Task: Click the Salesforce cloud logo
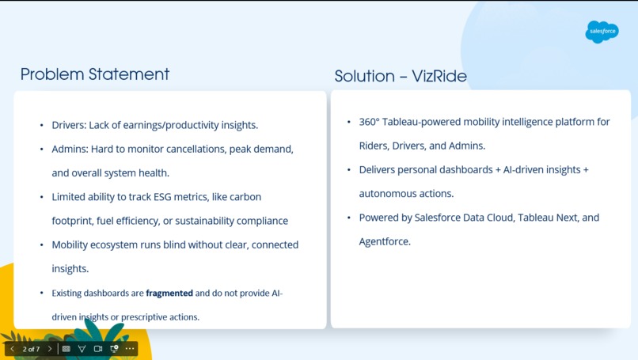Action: click(x=602, y=32)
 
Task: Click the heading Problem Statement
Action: click(x=95, y=74)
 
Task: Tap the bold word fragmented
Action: click(x=169, y=294)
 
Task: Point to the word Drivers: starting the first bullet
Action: click(x=69, y=125)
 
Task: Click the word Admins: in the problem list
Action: click(x=70, y=149)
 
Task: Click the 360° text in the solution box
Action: click(x=370, y=123)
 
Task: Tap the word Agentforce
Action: click(x=385, y=241)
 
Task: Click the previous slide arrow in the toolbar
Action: click(x=12, y=349)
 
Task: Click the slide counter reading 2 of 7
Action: click(x=31, y=349)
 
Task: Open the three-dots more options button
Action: click(x=130, y=349)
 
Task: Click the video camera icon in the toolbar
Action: click(x=98, y=349)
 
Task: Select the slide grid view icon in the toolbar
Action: click(x=66, y=349)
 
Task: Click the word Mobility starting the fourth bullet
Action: click(x=72, y=245)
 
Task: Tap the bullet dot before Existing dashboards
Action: click(x=42, y=294)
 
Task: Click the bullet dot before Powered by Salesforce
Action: click(x=349, y=218)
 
